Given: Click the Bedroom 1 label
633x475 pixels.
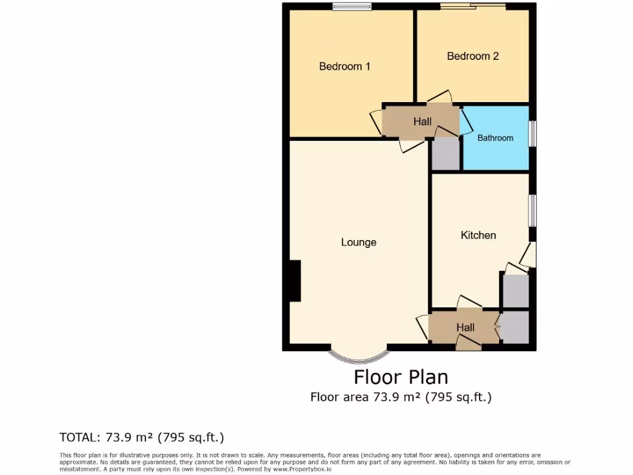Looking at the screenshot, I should pyautogui.click(x=344, y=66).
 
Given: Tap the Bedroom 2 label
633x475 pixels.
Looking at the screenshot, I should pyautogui.click(x=473, y=56).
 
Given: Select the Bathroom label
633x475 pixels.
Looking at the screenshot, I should pyautogui.click(x=495, y=138).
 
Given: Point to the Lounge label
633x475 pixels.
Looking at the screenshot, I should pyautogui.click(x=359, y=242).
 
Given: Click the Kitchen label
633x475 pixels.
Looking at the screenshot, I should pyautogui.click(x=478, y=235).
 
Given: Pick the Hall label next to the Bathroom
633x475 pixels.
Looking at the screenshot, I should pyautogui.click(x=423, y=122).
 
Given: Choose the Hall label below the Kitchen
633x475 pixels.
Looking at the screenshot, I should pyautogui.click(x=465, y=327).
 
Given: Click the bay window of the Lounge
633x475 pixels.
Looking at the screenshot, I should pyautogui.click(x=359, y=357).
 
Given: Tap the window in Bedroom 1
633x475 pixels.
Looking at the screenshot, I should pyautogui.click(x=351, y=7).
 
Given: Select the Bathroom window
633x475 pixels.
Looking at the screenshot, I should pyautogui.click(x=532, y=134).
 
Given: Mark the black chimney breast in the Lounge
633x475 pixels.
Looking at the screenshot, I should pyautogui.click(x=295, y=281).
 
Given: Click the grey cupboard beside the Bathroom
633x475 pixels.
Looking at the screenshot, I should pyautogui.click(x=445, y=153).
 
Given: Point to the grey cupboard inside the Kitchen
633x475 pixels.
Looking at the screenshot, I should pyautogui.click(x=515, y=290).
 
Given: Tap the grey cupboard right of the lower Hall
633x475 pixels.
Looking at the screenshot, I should pyautogui.click(x=514, y=327).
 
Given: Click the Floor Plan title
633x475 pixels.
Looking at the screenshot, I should pyautogui.click(x=401, y=377).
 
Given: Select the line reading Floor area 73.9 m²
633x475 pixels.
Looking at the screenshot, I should pyautogui.click(x=401, y=397).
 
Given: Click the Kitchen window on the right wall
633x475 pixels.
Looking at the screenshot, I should pyautogui.click(x=532, y=211).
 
